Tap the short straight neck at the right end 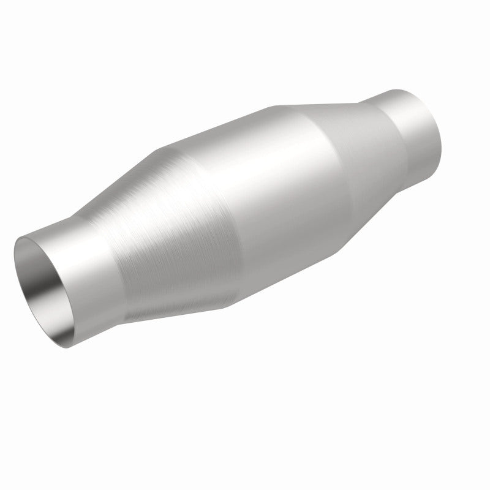pos(410,123)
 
